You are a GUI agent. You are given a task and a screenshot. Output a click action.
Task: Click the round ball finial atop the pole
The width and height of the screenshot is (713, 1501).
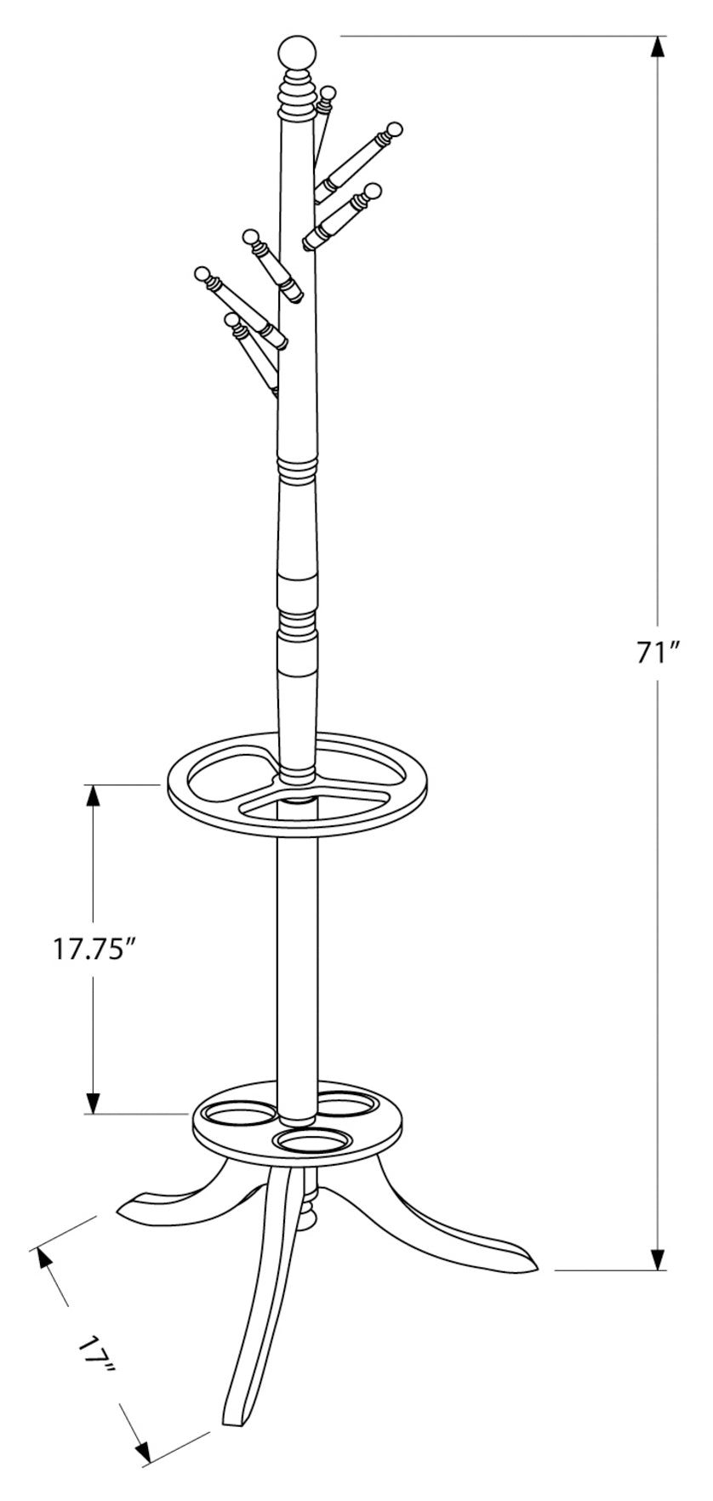click(299, 53)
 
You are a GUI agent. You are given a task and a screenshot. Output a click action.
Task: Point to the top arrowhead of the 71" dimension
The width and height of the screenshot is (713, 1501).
click(658, 48)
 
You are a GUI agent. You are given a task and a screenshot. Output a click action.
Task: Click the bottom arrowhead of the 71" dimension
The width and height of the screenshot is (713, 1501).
click(658, 1258)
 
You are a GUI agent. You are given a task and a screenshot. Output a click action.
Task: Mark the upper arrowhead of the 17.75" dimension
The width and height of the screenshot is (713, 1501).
click(92, 796)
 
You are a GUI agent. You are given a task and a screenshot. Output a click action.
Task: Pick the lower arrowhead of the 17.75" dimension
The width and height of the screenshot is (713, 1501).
click(92, 1102)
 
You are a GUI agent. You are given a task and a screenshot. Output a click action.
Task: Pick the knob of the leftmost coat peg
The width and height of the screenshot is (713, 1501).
click(202, 274)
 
